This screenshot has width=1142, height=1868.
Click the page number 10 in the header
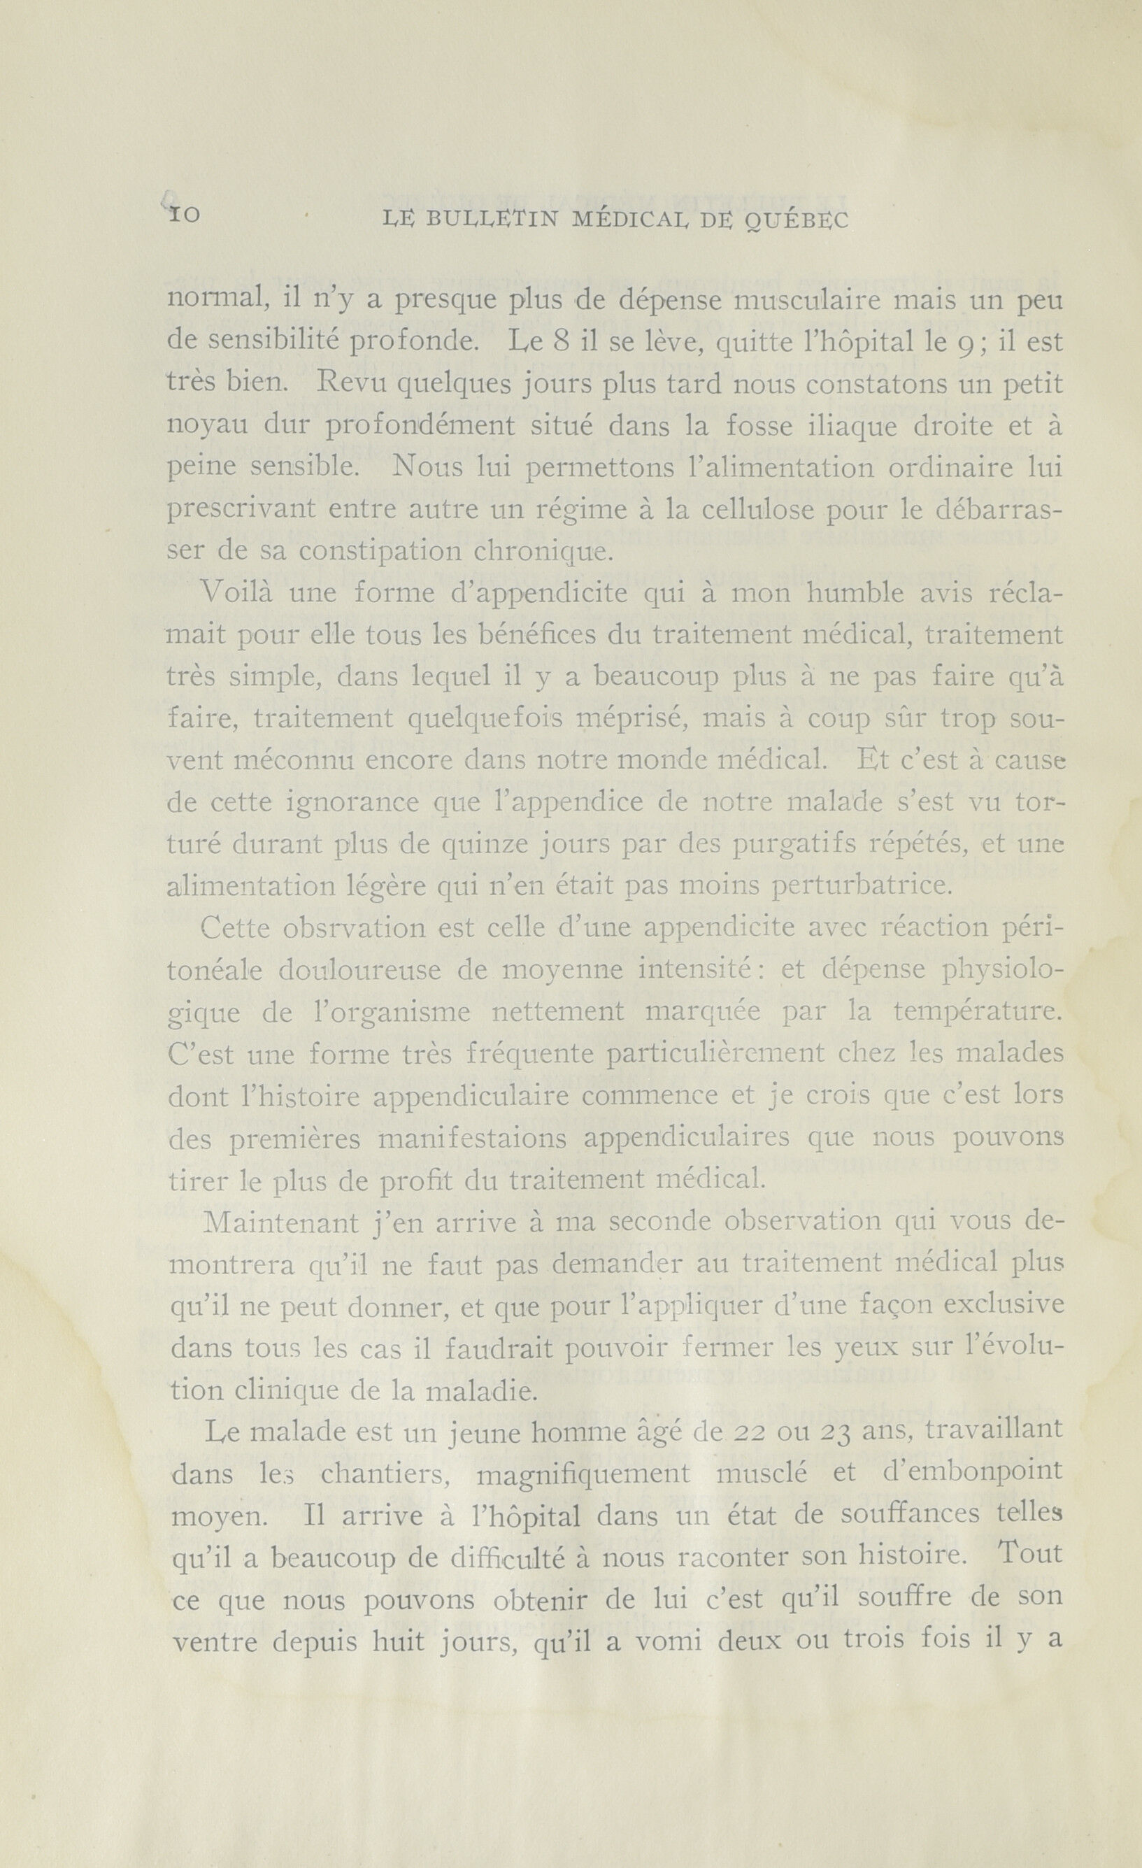pos(183,215)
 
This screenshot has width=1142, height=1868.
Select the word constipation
pos(378,550)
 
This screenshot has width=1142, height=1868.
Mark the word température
pos(978,1011)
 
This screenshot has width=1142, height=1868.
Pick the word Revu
pos(340,383)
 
